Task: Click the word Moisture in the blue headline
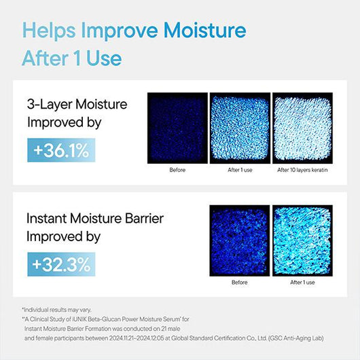pyautogui.click(x=205, y=31)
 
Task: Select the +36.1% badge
pyautogui.click(x=61, y=150)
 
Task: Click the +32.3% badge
pyautogui.click(x=61, y=264)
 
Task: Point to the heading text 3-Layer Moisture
pyautogui.click(x=77, y=104)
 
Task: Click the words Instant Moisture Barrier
pyautogui.click(x=95, y=218)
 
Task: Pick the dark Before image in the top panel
pyautogui.click(x=177, y=128)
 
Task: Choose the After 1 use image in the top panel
pyautogui.click(x=240, y=128)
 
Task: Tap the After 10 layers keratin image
pyautogui.click(x=302, y=128)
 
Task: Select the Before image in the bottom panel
pyautogui.click(x=240, y=240)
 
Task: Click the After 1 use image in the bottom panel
pyautogui.click(x=302, y=240)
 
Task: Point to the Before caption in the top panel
pyautogui.click(x=177, y=170)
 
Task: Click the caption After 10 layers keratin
pyautogui.click(x=302, y=170)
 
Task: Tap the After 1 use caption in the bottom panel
pyautogui.click(x=302, y=283)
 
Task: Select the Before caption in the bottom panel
pyautogui.click(x=240, y=283)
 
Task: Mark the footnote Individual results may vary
pyautogui.click(x=58, y=310)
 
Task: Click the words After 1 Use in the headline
pyautogui.click(x=72, y=58)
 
